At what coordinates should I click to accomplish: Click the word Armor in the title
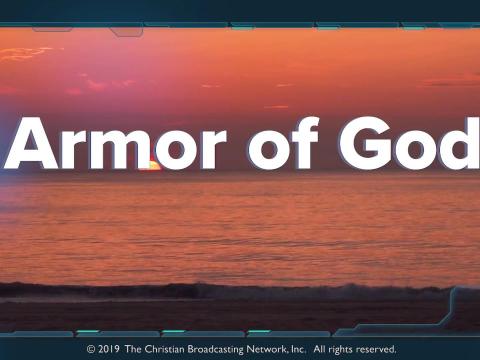coord(115,143)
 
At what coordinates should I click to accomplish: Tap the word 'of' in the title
coord(284,143)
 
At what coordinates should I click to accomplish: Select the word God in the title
coord(409,143)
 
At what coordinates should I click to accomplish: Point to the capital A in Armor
coord(31,143)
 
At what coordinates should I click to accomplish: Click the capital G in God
coord(366,143)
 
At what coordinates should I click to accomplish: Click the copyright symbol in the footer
coord(91,349)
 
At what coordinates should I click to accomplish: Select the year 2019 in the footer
coord(109,349)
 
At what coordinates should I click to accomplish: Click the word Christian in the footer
coord(164,349)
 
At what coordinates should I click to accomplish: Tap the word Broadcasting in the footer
coord(215,350)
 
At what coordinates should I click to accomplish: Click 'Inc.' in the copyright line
coord(298,349)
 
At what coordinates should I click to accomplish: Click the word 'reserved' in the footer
coord(376,349)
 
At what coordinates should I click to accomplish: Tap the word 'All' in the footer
coord(319,349)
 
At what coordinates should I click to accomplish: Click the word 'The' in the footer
coord(133,349)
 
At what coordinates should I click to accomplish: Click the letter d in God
coord(462,143)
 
